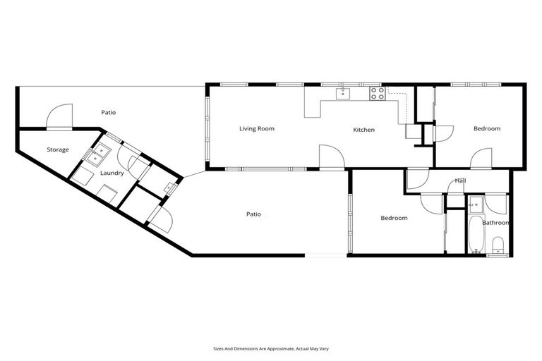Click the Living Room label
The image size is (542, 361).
coord(256,129)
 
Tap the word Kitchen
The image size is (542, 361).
coord(363,130)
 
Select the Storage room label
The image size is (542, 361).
coord(58,150)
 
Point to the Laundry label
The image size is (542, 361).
coord(112,173)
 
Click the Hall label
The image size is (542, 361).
coord(460,181)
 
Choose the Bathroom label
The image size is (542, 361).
coord(495,223)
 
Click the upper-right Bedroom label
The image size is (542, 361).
coord(486,129)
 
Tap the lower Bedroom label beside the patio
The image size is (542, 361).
coord(394,219)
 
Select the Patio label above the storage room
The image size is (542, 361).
coord(108,112)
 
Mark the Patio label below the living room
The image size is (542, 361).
coord(253,214)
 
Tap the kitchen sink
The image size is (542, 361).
coord(343,93)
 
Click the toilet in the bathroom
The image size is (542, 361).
coord(498,245)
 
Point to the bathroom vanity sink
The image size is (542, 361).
coord(475,205)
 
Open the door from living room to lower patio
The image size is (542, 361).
coord(331,159)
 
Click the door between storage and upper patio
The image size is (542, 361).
coord(59,118)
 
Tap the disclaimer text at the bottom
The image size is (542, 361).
coord(270,348)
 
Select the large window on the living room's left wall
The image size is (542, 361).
coord(207,128)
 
